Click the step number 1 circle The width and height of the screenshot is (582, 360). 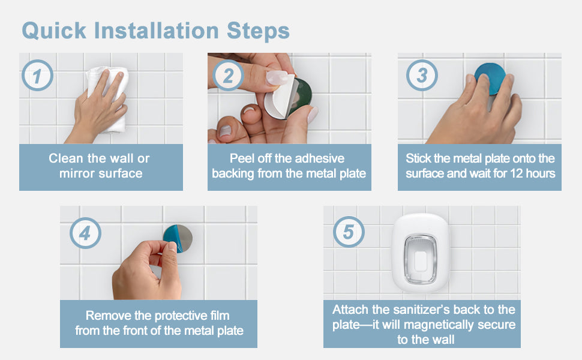tap(37, 76)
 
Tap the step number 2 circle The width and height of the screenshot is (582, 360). tap(228, 76)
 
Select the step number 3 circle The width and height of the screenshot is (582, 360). tap(422, 76)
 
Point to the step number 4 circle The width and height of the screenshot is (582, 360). tap(85, 233)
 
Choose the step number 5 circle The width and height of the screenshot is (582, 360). tap(349, 232)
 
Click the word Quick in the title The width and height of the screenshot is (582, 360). tap(54, 31)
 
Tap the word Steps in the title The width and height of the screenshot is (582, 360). tap(258, 31)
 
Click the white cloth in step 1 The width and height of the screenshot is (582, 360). tap(107, 98)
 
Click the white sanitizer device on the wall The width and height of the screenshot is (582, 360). tap(421, 253)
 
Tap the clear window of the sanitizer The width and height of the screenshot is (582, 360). tap(420, 259)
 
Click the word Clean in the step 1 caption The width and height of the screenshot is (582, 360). tap(65, 158)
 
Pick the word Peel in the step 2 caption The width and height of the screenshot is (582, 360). tap(242, 158)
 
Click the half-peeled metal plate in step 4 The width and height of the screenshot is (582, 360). tap(178, 238)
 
